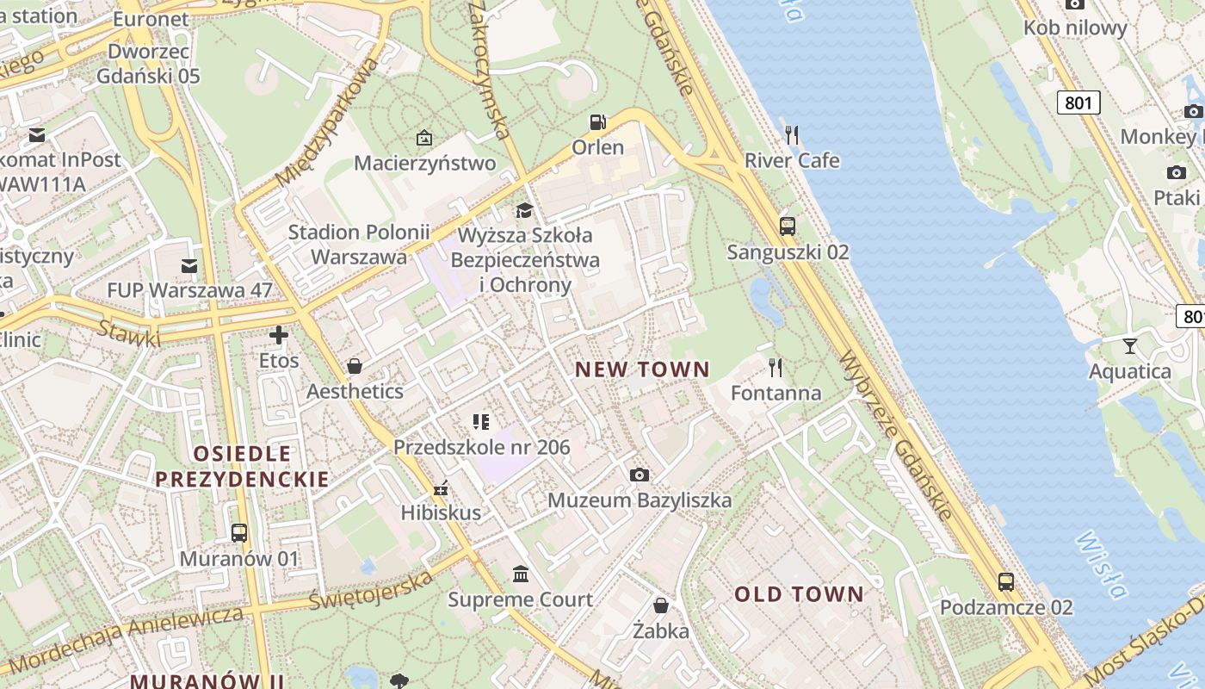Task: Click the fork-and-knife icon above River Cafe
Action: coord(792,134)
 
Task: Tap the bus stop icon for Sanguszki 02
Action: coord(787,227)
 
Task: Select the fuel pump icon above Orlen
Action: coord(597,122)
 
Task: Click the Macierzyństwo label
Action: coord(424,163)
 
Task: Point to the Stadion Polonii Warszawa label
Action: coord(359,244)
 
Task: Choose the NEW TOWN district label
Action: coord(642,369)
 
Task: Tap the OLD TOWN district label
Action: coord(798,594)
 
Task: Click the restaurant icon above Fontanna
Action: coord(776,368)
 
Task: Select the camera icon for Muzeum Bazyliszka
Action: coord(639,475)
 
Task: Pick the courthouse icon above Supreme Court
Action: coord(521,574)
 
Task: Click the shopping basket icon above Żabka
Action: coord(661,605)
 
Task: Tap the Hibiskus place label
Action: coord(441,512)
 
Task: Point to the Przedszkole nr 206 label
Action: coord(481,447)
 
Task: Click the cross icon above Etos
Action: coord(279,335)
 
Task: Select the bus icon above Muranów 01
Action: coord(239,533)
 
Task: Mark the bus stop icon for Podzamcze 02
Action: coord(1006,581)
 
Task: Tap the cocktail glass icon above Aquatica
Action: coord(1129,346)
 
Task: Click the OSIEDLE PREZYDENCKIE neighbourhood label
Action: coord(242,466)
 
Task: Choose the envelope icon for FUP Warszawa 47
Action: coord(189,265)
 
